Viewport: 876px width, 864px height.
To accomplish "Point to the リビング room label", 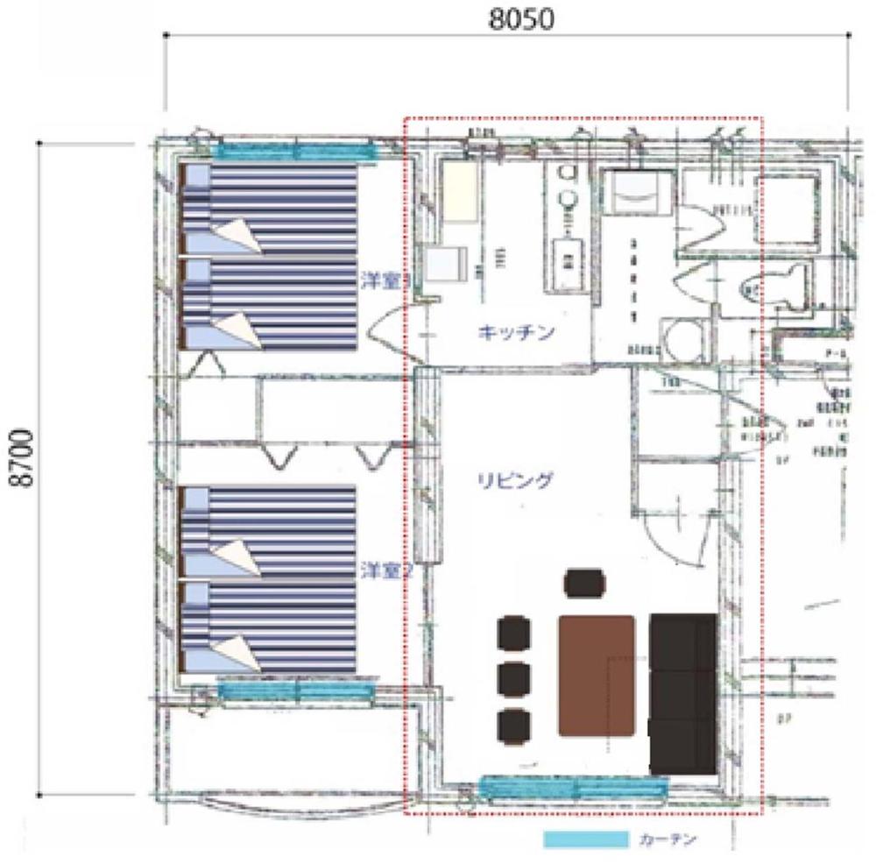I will pos(515,479).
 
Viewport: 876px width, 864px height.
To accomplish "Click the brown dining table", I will pos(597,675).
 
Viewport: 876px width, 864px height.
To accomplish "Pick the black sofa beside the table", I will pos(683,692).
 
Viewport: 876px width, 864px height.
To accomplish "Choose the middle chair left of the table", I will pos(513,679).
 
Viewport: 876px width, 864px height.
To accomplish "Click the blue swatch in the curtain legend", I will pos(585,839).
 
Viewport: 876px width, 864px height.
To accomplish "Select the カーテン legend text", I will pos(668,839).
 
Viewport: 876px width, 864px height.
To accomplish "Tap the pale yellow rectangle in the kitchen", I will pos(458,192).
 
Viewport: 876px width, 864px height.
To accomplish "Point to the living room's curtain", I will pos(574,788).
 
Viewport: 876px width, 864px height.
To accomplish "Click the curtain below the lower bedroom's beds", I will pos(295,691).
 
